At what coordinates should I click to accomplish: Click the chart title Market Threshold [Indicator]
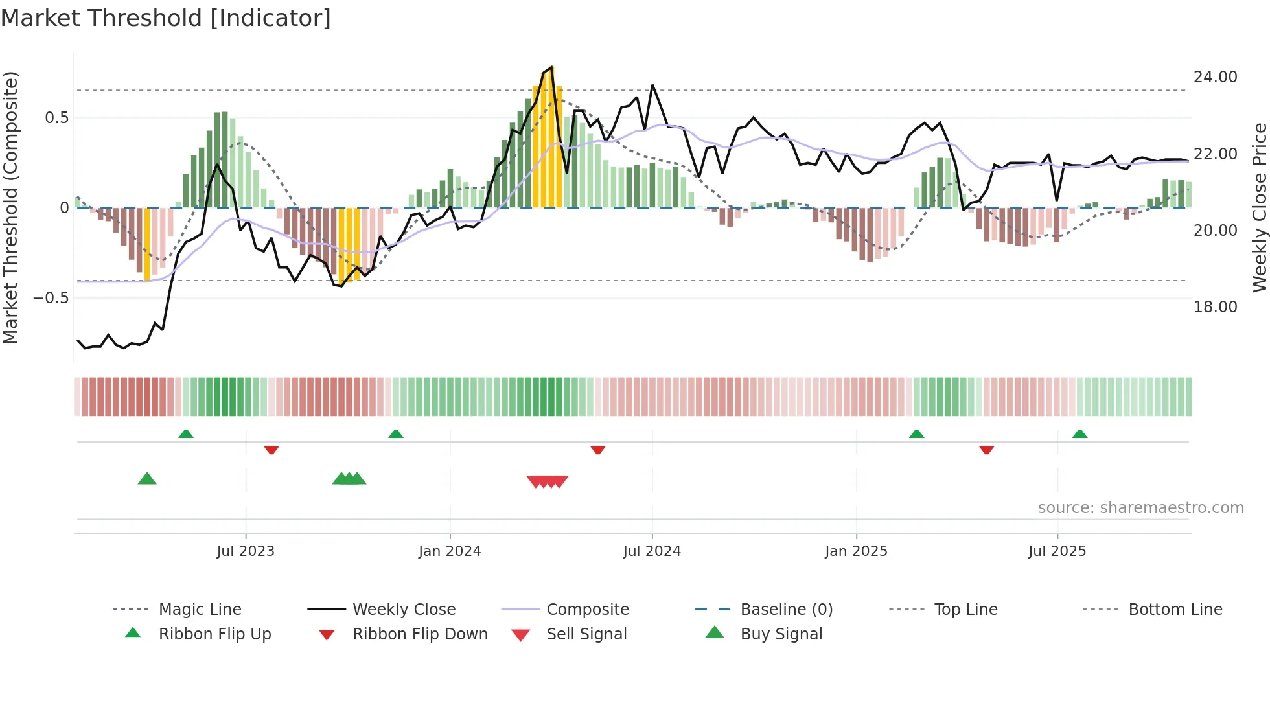tap(166, 18)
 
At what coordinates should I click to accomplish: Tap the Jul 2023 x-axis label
tap(246, 551)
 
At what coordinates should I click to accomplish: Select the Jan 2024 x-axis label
tap(450, 551)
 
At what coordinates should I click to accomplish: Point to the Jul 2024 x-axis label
tap(652, 551)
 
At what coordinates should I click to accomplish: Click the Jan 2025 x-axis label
tap(856, 551)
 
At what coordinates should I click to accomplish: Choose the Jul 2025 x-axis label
tap(1057, 551)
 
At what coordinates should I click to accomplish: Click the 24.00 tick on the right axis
tap(1215, 77)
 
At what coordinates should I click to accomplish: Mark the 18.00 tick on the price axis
tap(1215, 307)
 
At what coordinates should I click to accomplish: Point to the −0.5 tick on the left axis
tap(51, 298)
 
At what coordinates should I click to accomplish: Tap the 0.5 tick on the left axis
tap(56, 118)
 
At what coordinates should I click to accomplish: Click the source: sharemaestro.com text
tap(1140, 508)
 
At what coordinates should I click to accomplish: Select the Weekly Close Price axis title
tap(1259, 207)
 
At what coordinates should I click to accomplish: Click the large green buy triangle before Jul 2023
tap(147, 479)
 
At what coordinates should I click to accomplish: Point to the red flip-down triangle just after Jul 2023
tap(271, 450)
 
